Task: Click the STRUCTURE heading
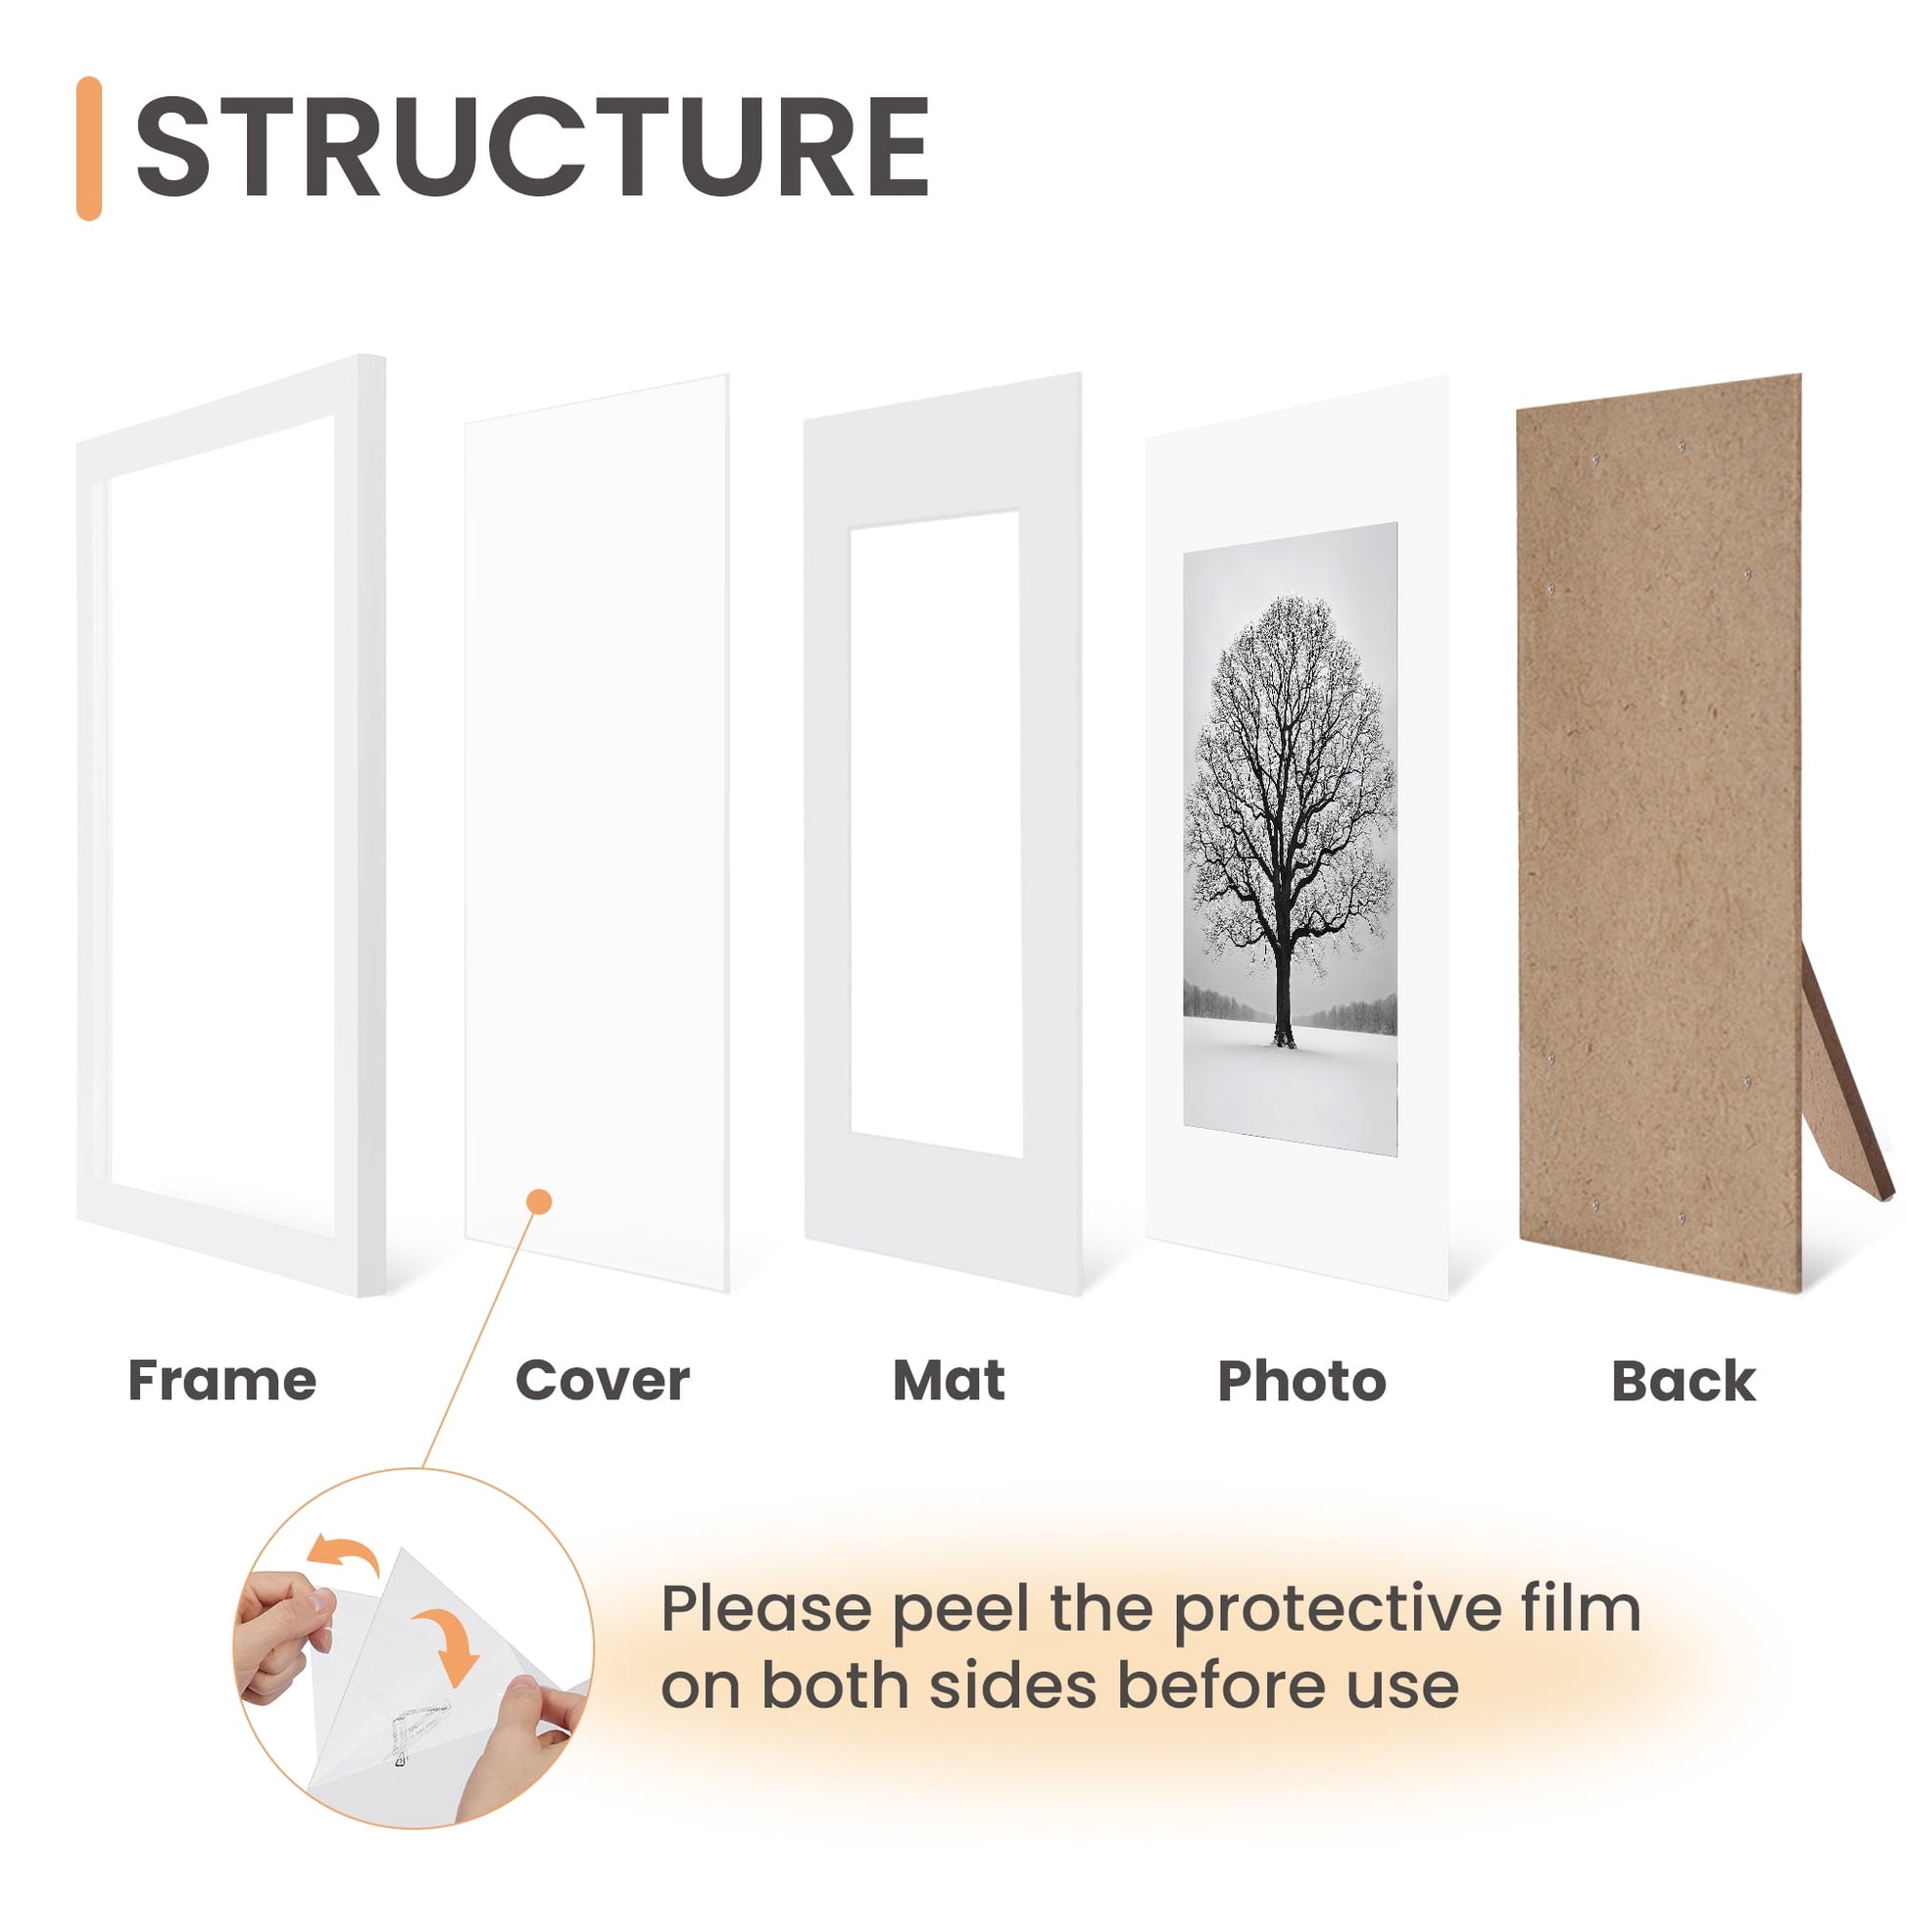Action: [x=532, y=148]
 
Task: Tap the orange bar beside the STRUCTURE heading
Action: [x=89, y=148]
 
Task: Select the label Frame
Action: [x=222, y=1380]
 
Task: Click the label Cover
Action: [x=602, y=1380]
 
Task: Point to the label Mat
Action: [x=949, y=1380]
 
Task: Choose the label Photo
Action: [x=1302, y=1381]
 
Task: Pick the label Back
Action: [x=1683, y=1380]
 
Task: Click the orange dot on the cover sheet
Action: [x=539, y=1201]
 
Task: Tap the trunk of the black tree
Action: [x=1283, y=987]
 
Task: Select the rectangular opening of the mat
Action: [x=936, y=834]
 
